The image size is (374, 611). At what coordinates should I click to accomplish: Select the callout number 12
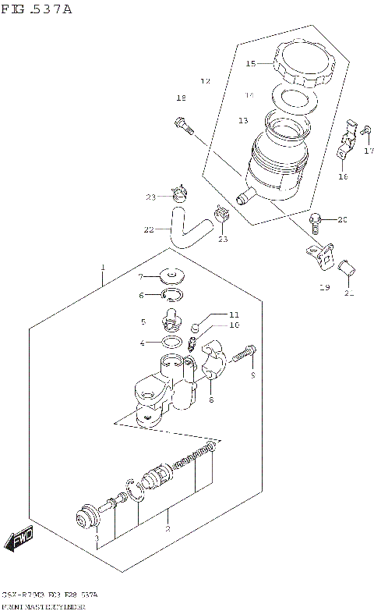(206, 81)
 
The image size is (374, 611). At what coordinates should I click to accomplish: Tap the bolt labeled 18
(183, 125)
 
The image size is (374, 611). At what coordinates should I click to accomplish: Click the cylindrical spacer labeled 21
(349, 272)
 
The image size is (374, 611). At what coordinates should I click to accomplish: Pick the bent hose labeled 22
(184, 229)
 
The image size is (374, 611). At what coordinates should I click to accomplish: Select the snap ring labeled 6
(171, 294)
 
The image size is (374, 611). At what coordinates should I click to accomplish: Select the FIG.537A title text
(37, 9)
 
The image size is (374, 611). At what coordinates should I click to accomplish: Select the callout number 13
(243, 120)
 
